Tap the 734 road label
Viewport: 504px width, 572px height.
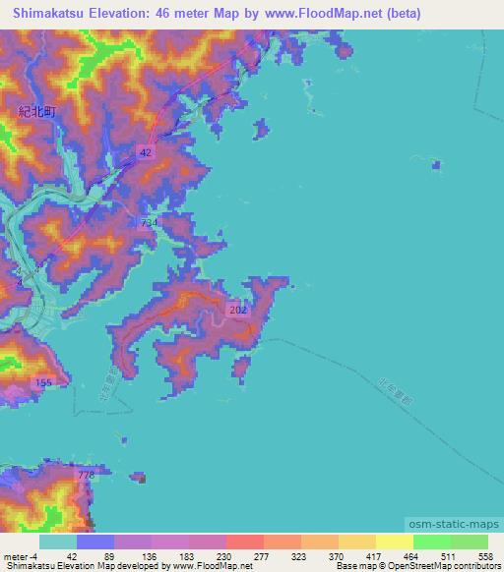click(x=149, y=224)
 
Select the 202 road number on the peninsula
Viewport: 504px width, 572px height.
click(x=239, y=310)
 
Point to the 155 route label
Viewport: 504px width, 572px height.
click(x=42, y=381)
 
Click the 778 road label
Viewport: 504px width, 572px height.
click(x=86, y=476)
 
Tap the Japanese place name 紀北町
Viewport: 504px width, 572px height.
click(x=38, y=113)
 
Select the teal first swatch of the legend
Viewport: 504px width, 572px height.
click(x=58, y=542)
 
